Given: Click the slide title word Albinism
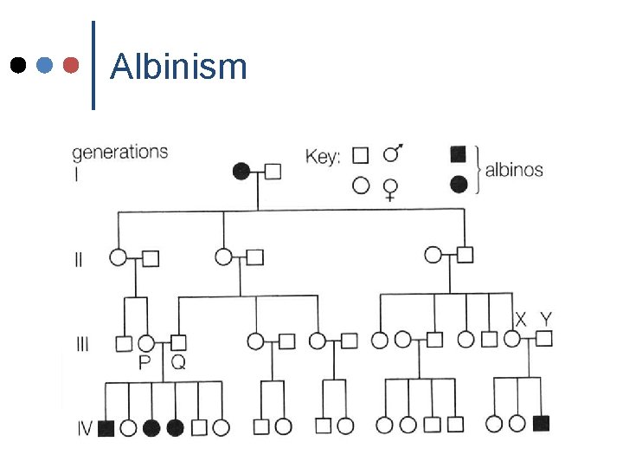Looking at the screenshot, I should click(179, 66).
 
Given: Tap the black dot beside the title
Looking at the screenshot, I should click(18, 65).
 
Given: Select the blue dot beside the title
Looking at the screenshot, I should click(45, 65).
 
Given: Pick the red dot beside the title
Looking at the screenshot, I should click(72, 65).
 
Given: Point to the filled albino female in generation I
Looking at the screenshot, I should click(242, 171).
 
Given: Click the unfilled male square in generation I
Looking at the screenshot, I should click(273, 171).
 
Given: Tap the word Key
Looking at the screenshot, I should click(323, 157).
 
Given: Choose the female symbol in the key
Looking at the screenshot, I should click(391, 187).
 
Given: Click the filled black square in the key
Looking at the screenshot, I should click(459, 154).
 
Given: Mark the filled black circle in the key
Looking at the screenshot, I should click(459, 184).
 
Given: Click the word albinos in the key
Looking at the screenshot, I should click(514, 169).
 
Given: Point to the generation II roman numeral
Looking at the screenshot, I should click(78, 258).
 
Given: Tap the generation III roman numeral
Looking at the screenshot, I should click(81, 343).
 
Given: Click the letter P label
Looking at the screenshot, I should click(146, 363).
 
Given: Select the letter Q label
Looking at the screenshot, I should click(177, 363).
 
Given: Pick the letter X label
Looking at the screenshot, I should click(520, 318).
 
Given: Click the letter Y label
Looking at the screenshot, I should click(546, 318).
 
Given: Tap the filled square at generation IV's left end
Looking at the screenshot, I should click(106, 426).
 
